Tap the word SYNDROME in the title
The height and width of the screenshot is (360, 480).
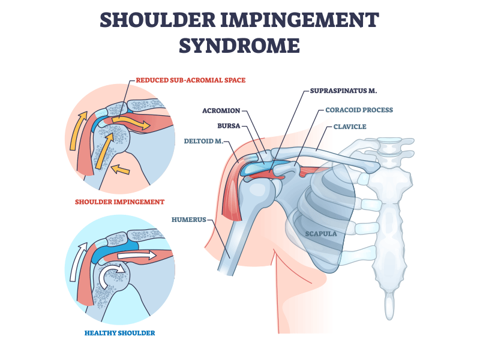[x=240, y=46]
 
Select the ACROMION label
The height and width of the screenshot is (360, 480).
[x=221, y=110]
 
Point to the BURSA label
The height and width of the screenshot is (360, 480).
[x=229, y=127]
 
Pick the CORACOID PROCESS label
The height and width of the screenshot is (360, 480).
[x=359, y=110]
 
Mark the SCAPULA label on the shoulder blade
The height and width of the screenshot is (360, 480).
[x=321, y=234]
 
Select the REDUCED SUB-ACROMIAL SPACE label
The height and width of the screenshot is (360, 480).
[x=190, y=80]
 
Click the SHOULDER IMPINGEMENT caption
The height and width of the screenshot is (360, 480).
[x=120, y=202]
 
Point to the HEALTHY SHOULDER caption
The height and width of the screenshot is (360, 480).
[x=120, y=332]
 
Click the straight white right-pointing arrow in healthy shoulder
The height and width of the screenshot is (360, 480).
[x=137, y=256]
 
